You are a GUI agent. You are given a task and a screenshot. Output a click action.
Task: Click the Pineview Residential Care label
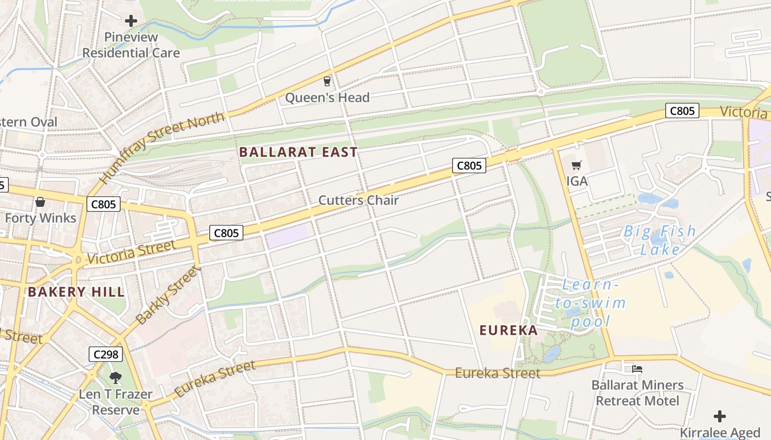pos(131,45)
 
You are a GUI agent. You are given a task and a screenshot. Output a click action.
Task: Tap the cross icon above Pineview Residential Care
pos(131,21)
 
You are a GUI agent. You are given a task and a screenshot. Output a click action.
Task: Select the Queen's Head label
pos(327,97)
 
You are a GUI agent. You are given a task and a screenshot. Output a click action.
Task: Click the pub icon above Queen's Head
pos(327,81)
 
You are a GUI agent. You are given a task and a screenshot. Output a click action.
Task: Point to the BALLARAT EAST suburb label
pos(298,152)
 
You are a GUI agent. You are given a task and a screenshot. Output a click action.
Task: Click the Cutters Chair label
pos(359,200)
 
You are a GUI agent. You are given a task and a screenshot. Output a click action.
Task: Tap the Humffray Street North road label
pos(162,147)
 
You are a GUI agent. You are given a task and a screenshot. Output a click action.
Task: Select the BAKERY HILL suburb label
pos(77,291)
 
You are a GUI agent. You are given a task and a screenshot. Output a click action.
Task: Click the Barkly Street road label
pos(166,295)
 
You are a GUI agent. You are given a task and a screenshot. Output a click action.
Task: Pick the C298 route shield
pos(105,354)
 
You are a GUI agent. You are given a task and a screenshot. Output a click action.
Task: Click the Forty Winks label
pos(41,218)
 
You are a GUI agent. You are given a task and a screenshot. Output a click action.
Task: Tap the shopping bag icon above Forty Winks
pos(40,202)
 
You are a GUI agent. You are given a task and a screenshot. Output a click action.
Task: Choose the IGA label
pos(577,180)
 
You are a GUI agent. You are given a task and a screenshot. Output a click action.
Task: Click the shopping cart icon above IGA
pos(577,165)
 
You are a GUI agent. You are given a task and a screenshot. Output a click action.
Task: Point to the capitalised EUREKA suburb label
pos(508,330)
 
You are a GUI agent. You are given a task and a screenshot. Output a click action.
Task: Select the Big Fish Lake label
pos(660,240)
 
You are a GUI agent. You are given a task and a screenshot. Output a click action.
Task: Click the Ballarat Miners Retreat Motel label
pos(637,393)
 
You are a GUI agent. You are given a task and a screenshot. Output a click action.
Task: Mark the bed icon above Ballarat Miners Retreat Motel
pos(637,369)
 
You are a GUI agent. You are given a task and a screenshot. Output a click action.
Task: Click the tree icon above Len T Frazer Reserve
pos(116,377)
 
